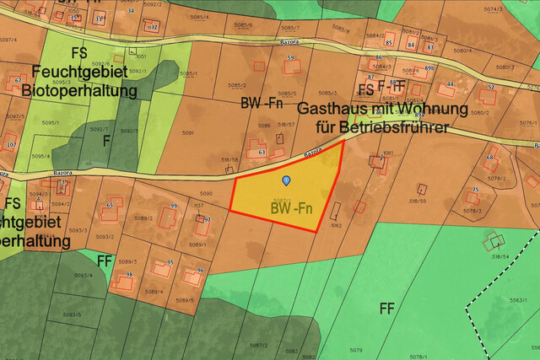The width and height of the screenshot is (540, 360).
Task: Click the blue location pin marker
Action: (286, 180)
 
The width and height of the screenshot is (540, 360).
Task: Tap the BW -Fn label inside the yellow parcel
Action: (292, 207)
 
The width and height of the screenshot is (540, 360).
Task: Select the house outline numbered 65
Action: (110, 210)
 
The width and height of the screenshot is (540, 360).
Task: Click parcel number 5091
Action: (187, 133)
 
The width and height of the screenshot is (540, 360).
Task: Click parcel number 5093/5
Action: (73, 315)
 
